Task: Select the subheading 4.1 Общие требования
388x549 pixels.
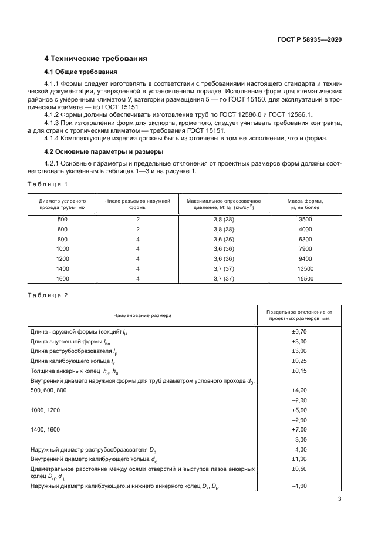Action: [77, 72]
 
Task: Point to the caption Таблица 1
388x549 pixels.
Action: [49, 184]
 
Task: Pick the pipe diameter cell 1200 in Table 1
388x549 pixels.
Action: [63, 259]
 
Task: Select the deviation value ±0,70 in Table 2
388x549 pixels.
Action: [299, 332]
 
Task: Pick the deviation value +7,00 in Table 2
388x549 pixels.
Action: [299, 429]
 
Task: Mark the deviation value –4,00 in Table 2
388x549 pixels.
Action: [299, 449]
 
